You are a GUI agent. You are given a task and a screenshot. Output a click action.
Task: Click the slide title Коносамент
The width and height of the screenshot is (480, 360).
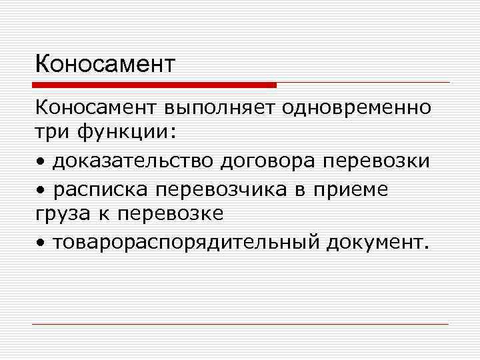click(105, 65)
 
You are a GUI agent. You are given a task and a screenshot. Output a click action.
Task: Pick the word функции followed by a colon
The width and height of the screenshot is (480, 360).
click(129, 133)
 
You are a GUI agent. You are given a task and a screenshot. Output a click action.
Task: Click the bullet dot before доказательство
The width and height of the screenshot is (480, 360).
click(41, 163)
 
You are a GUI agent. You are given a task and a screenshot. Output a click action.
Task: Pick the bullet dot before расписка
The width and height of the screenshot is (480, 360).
click(41, 190)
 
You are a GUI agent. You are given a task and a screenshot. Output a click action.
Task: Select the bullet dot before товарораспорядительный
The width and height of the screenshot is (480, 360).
click(41, 243)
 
